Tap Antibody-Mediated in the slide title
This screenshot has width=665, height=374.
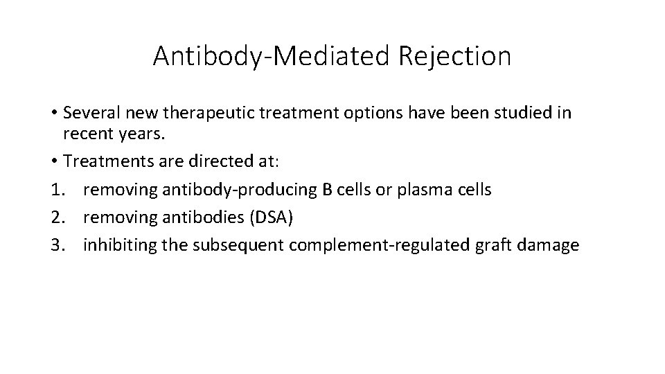coord(272,56)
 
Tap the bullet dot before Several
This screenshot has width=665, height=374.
coord(53,114)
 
